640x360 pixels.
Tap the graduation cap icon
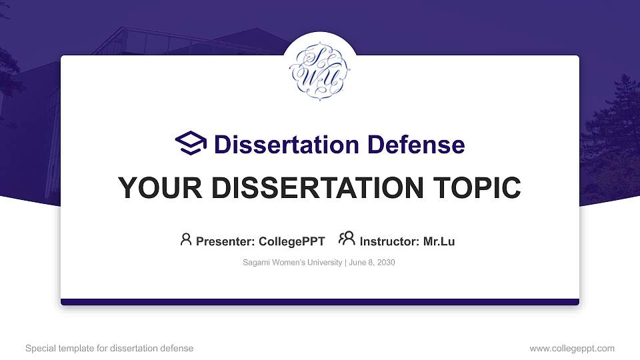[191, 143]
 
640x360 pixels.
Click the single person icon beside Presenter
[186, 239]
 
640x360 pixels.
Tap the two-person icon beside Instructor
[347, 239]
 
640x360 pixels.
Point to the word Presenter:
[223, 241]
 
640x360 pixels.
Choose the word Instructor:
[389, 241]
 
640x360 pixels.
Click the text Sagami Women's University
[292, 263]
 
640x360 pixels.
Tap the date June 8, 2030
[371, 263]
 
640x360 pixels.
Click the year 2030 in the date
[385, 263]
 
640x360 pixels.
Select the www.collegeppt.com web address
[572, 348]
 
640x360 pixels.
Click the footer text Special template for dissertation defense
[109, 348]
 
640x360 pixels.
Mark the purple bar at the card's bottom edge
[319, 302]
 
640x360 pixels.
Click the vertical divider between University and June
[345, 263]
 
